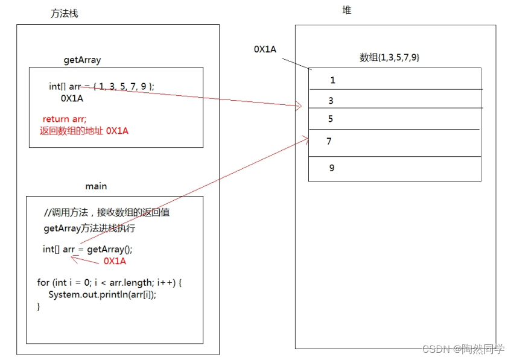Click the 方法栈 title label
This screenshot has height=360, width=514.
point(65,14)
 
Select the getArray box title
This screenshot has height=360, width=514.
point(83,60)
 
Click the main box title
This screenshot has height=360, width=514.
point(96,186)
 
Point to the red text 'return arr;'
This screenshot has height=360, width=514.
point(65,119)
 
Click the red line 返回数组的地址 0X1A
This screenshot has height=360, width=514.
point(84,131)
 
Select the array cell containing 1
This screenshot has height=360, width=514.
point(395,80)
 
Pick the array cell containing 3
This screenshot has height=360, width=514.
point(395,100)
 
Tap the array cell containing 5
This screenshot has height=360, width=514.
point(395,119)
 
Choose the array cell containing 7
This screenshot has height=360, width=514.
point(395,142)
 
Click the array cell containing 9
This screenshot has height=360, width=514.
point(395,168)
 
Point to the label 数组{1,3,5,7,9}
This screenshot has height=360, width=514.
point(389,58)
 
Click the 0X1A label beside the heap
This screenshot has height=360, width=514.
point(265,49)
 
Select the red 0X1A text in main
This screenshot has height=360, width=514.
point(115,261)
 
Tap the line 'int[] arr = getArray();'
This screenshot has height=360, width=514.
point(87,250)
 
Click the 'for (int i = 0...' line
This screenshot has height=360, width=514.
point(109,282)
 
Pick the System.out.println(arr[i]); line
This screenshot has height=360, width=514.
point(106,294)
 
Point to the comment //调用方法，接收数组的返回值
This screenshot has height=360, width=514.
point(110,213)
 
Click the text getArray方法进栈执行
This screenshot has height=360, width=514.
point(89,229)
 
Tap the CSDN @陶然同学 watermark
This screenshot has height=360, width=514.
point(463,349)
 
